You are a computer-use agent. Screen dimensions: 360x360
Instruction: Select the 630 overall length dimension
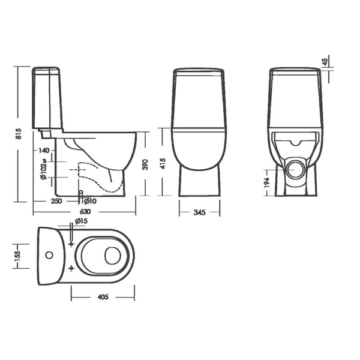click(x=85, y=212)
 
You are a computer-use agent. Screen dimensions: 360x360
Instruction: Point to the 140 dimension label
click(x=44, y=151)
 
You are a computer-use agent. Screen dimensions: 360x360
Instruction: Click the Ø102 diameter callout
click(x=44, y=170)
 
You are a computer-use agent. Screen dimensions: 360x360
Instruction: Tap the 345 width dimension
click(x=200, y=212)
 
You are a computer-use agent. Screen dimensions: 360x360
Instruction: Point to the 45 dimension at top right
click(x=325, y=62)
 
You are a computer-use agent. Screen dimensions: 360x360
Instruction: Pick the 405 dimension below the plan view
click(x=102, y=296)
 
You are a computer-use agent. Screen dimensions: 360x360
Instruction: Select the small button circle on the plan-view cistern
click(x=50, y=255)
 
